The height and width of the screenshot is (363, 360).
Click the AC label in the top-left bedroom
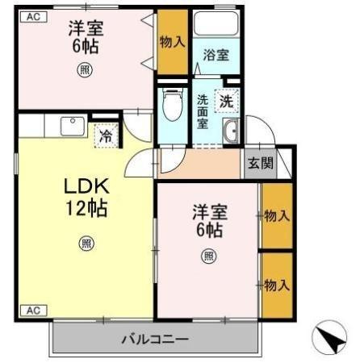click(x=34, y=17)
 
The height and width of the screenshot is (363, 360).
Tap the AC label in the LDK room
click(x=34, y=311)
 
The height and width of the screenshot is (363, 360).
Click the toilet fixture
click(x=174, y=104)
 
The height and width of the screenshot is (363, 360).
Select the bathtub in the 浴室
click(x=216, y=23)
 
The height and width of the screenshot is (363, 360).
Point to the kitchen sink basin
click(x=73, y=126)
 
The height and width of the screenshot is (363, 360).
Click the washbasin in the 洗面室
click(x=231, y=131)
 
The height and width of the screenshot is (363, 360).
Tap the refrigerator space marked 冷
click(x=107, y=136)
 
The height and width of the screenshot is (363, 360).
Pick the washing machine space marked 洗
click(x=227, y=101)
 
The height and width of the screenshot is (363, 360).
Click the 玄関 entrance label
click(x=260, y=163)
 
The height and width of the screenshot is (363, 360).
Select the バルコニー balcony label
click(x=155, y=339)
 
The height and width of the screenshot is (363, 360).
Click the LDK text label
click(x=86, y=186)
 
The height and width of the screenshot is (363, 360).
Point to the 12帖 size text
click(x=86, y=208)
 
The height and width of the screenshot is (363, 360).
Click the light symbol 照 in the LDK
click(x=86, y=244)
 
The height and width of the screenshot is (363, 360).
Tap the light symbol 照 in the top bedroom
click(x=85, y=70)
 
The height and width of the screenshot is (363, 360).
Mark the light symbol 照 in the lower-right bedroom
click(x=209, y=257)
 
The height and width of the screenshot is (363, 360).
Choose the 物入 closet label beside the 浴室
click(x=172, y=42)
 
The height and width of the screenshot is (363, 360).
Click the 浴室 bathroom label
click(x=216, y=55)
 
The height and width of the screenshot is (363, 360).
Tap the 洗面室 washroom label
click(x=203, y=112)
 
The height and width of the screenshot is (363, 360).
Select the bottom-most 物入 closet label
click(x=277, y=285)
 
